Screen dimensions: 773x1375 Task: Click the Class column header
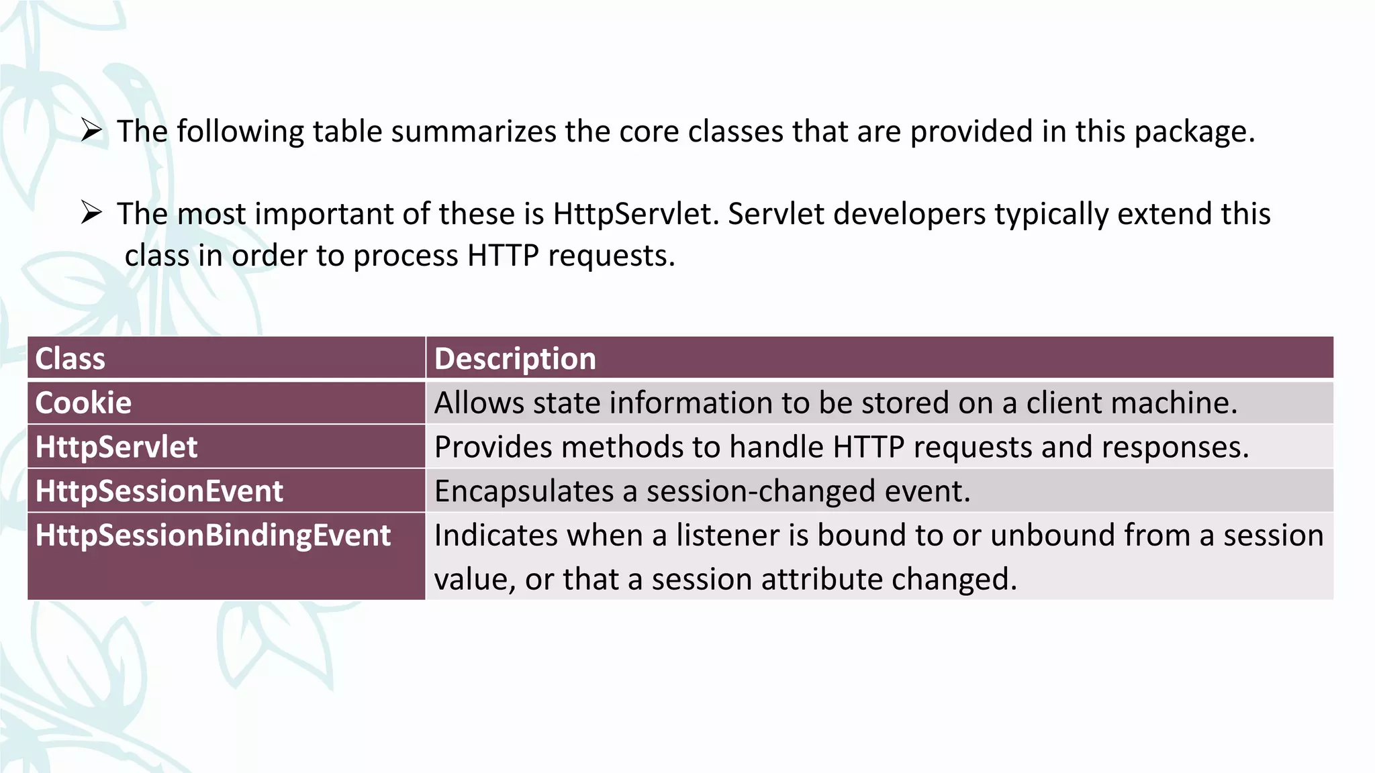click(x=70, y=359)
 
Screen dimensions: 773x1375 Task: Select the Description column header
click(x=515, y=359)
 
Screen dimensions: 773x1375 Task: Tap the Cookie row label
click(x=83, y=403)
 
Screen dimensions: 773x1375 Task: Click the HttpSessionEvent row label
click(x=159, y=491)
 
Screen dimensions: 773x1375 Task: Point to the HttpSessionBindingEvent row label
click(x=213, y=535)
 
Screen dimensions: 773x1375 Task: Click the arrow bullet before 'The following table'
click(x=91, y=130)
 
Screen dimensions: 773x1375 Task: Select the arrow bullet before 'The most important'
click(x=91, y=213)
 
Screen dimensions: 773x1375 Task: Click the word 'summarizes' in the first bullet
click(x=473, y=132)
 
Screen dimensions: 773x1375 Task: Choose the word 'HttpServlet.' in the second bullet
click(x=636, y=215)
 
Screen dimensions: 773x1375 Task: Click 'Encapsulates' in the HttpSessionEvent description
click(x=524, y=492)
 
